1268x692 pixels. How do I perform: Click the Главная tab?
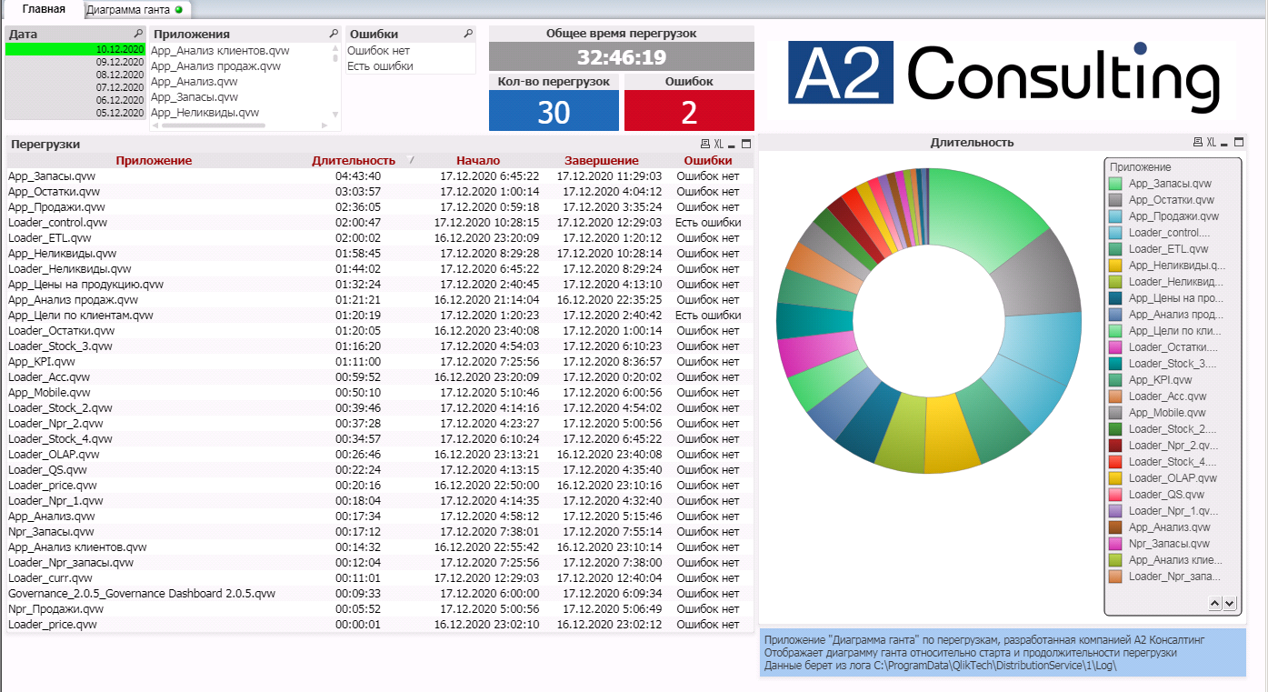[44, 9]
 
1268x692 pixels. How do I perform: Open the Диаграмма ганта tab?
[128, 10]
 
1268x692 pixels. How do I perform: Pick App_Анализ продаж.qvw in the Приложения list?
[215, 66]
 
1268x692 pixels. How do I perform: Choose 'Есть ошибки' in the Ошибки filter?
[380, 66]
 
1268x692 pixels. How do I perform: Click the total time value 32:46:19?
[621, 57]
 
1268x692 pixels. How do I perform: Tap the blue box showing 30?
[554, 111]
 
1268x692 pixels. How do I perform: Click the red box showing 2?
[688, 111]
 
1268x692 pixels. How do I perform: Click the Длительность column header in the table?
[353, 161]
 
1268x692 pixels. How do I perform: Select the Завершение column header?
[601, 161]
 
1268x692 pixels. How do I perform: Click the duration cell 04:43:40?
[357, 176]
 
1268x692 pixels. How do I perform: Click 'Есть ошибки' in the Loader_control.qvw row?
[707, 223]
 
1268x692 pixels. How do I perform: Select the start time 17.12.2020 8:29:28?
[489, 254]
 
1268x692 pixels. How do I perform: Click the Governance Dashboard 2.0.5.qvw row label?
[141, 594]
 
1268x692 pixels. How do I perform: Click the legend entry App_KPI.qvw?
[1160, 380]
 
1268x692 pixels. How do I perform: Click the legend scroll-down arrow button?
[1230, 603]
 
